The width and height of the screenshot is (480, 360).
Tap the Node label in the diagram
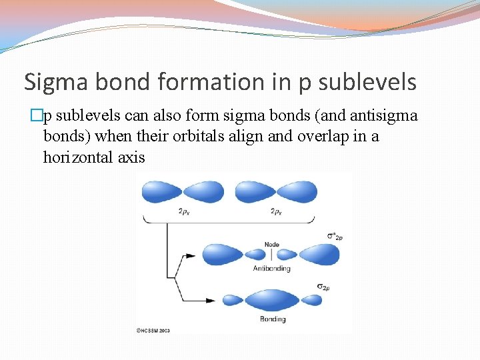point(272,244)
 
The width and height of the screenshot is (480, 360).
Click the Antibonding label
point(271,269)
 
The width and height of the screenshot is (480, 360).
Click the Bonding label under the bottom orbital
point(272,319)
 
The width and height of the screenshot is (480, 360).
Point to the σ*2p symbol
point(334,235)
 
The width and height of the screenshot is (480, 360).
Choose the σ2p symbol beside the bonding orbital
point(323,287)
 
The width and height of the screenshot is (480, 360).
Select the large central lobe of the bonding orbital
point(271,301)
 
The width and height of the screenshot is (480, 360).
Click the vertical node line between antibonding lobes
point(271,254)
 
